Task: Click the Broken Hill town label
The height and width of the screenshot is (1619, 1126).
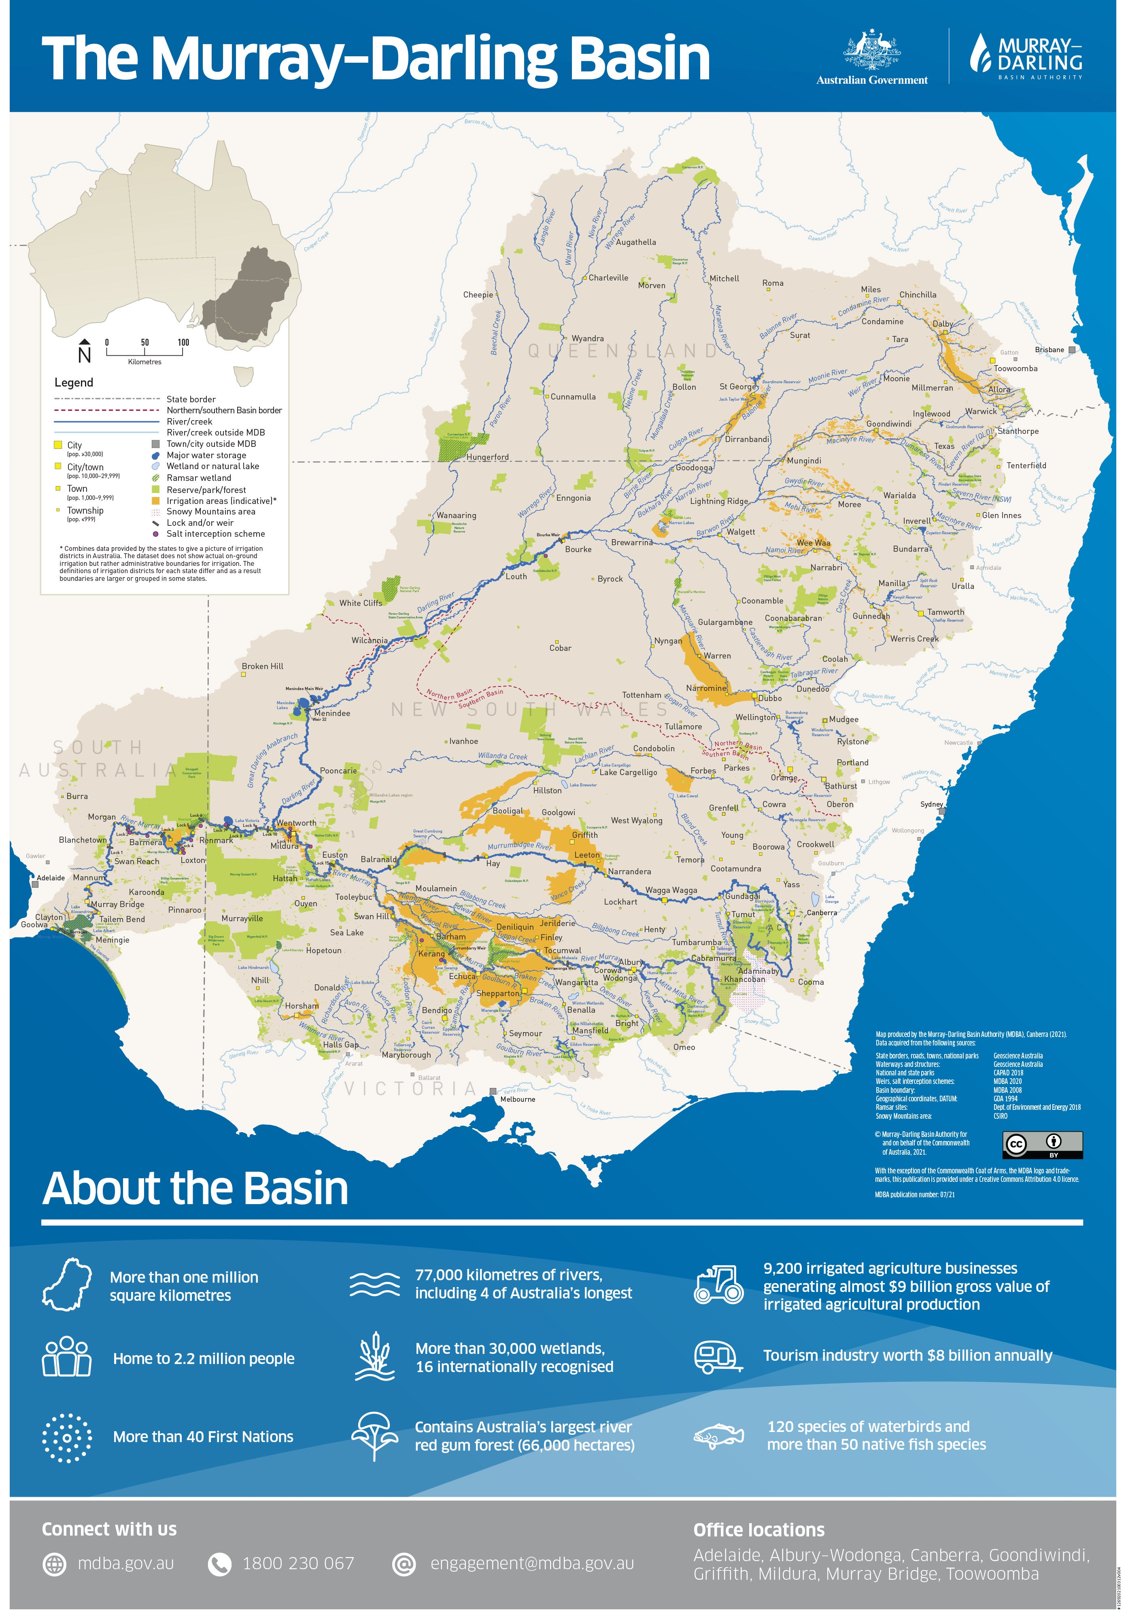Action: (x=262, y=666)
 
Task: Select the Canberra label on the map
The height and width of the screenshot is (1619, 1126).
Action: (x=821, y=912)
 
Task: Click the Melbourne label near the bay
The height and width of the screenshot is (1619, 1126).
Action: (x=518, y=1098)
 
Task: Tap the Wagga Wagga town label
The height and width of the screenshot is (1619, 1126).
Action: (x=671, y=890)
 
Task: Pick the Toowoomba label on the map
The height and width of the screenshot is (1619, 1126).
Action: (x=1016, y=368)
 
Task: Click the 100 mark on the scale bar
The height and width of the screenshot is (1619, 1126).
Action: (x=183, y=343)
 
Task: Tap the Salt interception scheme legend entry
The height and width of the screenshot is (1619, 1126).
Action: (x=215, y=534)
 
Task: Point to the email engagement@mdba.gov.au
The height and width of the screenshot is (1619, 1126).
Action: (x=531, y=1563)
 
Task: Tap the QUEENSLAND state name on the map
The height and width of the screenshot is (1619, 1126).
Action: (x=622, y=351)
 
